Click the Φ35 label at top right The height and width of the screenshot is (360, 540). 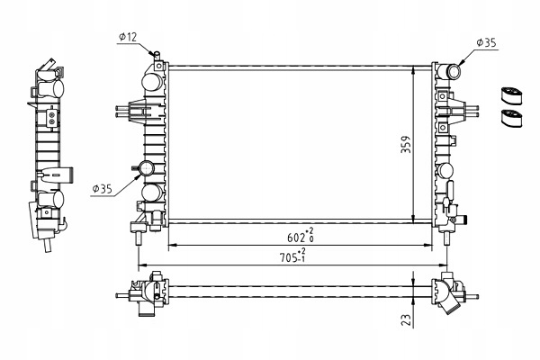[486, 41]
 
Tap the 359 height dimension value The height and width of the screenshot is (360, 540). [406, 145]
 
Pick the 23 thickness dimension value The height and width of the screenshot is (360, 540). [406, 319]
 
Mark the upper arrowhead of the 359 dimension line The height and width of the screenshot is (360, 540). [413, 69]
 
